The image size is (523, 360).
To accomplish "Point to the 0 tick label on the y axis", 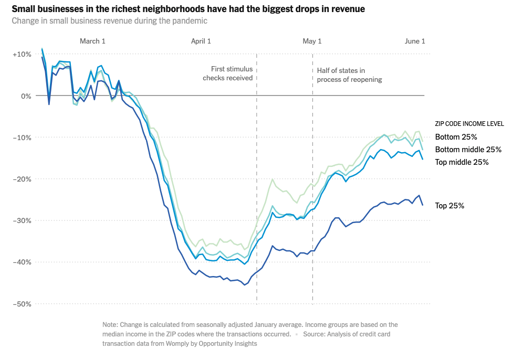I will point(24,96).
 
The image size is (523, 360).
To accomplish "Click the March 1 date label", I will point(92,41).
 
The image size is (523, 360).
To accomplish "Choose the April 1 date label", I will point(201,41).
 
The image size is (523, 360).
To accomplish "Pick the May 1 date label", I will point(312,41).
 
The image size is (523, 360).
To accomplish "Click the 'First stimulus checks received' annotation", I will point(229,73).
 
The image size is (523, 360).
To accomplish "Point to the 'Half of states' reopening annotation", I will point(349,75).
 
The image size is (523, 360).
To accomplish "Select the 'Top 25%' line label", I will point(449,206).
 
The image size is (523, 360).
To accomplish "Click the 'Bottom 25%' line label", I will point(456,137).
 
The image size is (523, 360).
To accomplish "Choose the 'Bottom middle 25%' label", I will point(468,150).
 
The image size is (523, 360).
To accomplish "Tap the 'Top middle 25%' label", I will point(462,162).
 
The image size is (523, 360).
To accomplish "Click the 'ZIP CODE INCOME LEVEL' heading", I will point(469,124).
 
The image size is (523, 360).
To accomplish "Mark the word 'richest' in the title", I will point(135,9).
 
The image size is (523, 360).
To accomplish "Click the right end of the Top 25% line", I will point(423,205).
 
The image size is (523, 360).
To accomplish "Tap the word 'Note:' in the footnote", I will point(111,325).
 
